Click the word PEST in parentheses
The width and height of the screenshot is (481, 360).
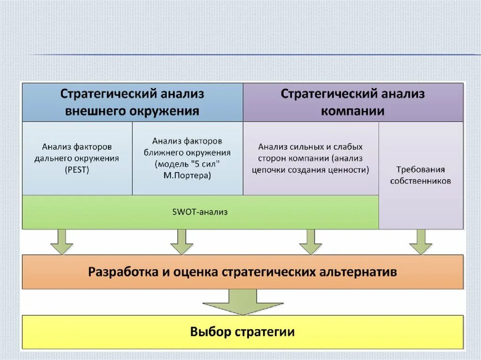point(77,170)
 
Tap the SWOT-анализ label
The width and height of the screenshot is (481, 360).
point(200,212)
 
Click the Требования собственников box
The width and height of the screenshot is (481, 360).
point(420,175)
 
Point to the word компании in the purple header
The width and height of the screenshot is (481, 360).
point(353,112)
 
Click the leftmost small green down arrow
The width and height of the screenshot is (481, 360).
point(62,242)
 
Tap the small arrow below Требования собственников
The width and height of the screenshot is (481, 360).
point(420,242)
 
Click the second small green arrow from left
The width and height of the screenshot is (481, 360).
point(182,242)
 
